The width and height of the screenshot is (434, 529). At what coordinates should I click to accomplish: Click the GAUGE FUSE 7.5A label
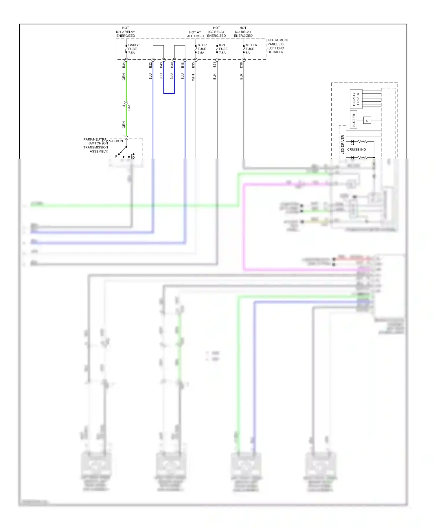coord(134,49)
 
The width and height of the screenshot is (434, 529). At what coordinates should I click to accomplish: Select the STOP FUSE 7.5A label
coord(202,49)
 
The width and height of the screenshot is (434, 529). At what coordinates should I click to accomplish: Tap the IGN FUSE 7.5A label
coord(223,49)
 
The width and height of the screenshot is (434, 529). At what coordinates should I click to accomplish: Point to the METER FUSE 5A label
coord(251,49)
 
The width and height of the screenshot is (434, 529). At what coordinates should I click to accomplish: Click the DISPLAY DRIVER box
coord(356,99)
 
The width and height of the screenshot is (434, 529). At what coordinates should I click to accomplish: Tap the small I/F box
coord(367,120)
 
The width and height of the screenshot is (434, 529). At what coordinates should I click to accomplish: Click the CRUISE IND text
coord(356,150)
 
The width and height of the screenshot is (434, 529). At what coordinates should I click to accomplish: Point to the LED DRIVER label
coord(343,144)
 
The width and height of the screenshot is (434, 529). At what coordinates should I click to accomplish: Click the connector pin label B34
coord(124,65)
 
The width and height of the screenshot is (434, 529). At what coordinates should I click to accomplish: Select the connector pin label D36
coord(241,65)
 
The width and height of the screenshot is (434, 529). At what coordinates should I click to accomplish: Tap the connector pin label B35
coord(193,65)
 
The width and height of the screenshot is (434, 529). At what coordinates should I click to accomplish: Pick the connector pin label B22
coord(150,65)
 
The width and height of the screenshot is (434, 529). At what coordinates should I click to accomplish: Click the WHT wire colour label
coord(193,77)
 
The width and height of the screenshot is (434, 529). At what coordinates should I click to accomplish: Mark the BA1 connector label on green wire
coord(129,107)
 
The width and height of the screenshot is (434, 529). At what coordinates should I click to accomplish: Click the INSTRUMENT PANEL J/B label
coord(277,46)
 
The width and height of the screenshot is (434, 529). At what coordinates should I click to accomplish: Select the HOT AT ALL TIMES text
coord(195,34)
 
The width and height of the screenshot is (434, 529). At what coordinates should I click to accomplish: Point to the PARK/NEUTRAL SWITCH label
coord(95,145)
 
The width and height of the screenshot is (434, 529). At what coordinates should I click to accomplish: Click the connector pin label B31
coord(215,65)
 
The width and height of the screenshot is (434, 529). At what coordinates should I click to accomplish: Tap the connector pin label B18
coord(183,65)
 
